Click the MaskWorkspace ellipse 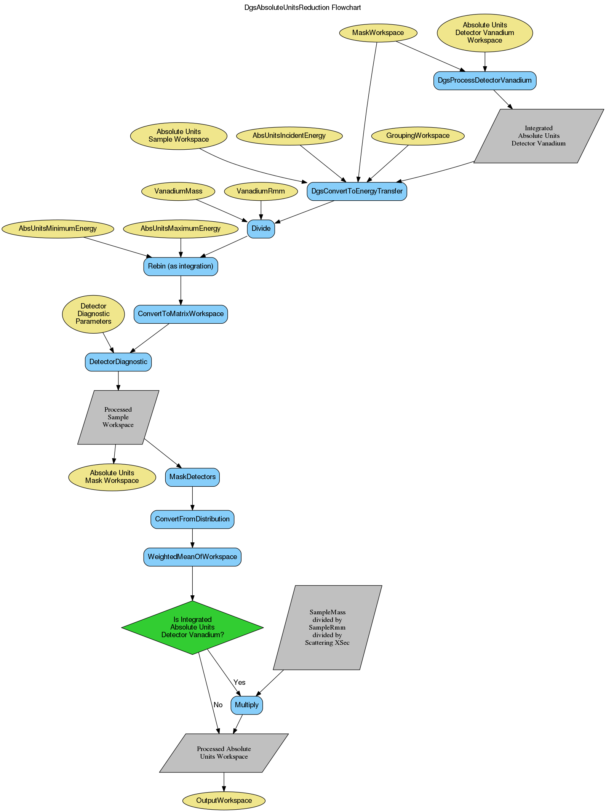(x=378, y=33)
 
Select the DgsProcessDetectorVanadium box (x=484, y=80)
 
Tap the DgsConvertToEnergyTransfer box (x=357, y=191)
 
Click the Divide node (x=261, y=229)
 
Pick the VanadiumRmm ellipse (x=261, y=191)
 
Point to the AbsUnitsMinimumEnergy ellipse (x=58, y=229)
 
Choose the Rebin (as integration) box (x=181, y=266)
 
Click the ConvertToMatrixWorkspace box (x=181, y=314)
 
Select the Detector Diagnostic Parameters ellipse (x=93, y=314)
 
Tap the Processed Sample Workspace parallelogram (x=118, y=417)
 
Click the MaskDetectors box (x=192, y=477)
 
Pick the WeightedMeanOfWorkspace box (x=192, y=557)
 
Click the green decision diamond (x=192, y=627)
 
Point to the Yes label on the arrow (x=239, y=682)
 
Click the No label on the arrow (x=218, y=705)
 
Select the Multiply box (x=246, y=705)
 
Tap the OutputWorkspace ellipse (x=224, y=800)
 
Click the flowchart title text (x=302, y=8)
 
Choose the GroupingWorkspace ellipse (x=418, y=136)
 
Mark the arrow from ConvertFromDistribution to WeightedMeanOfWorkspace (x=192, y=538)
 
